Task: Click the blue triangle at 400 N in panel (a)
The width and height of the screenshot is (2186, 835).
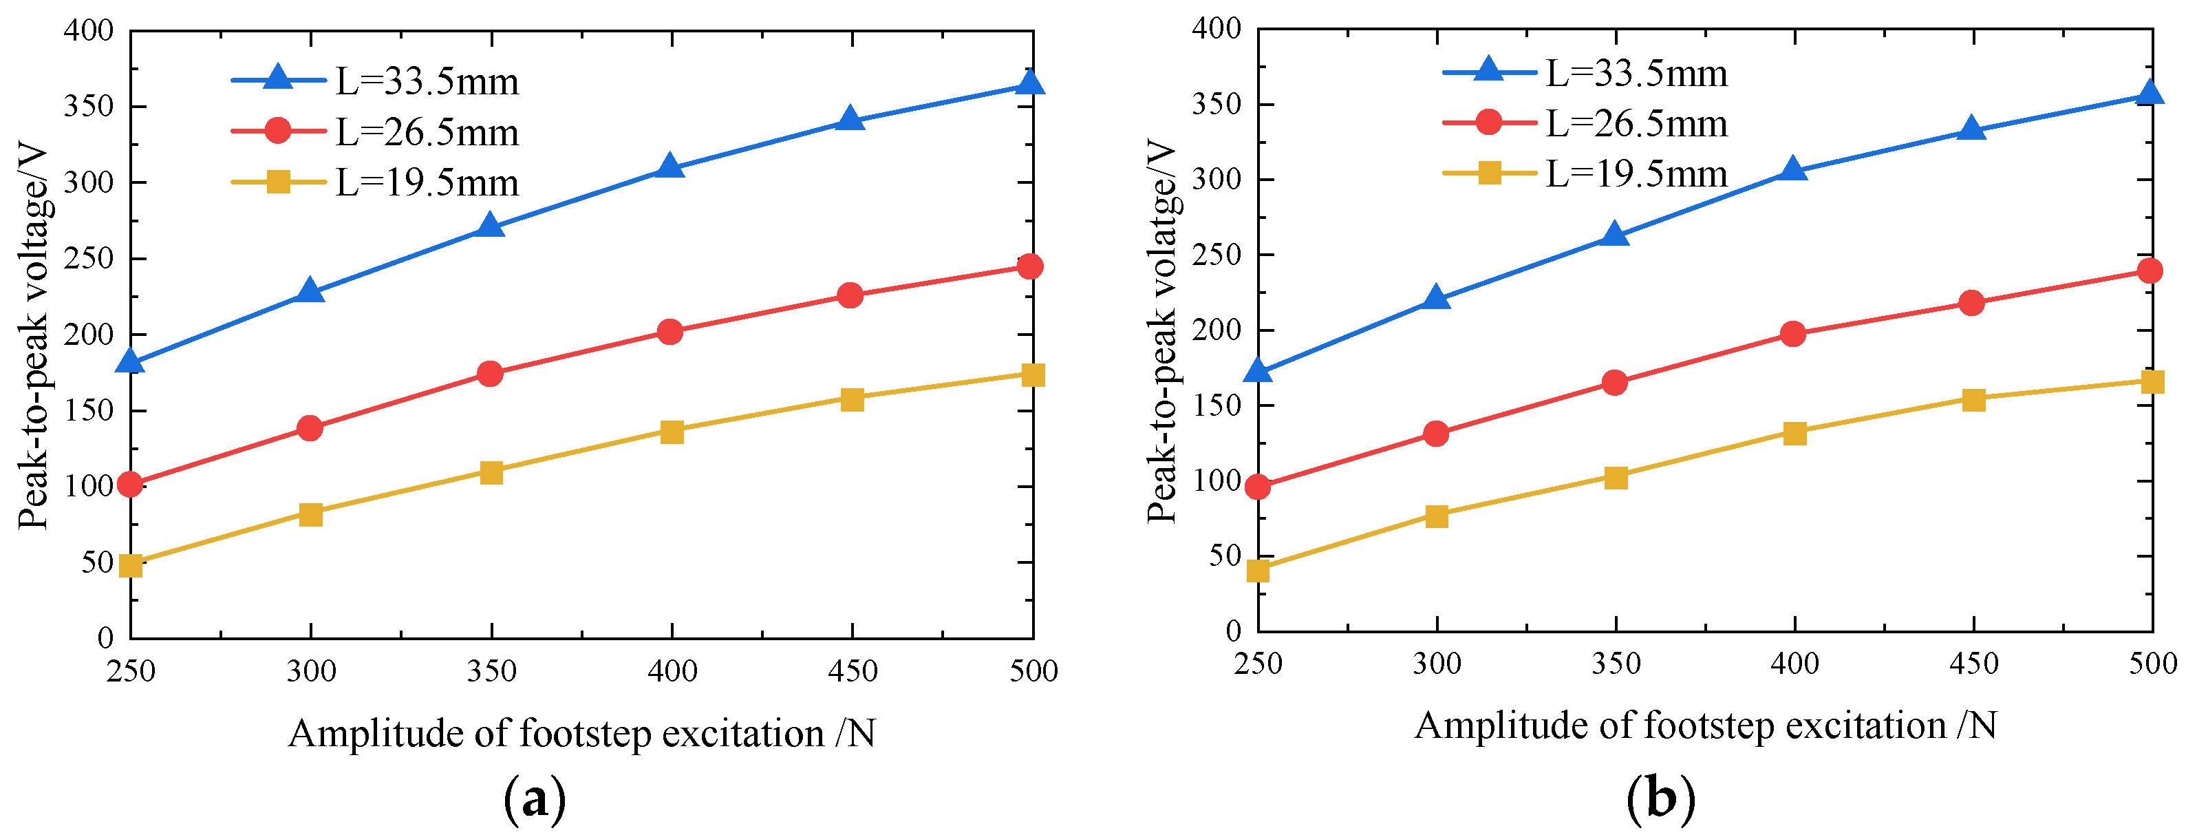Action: click(670, 167)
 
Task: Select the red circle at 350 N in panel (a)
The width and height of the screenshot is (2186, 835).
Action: click(491, 373)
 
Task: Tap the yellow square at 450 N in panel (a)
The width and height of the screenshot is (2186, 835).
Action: click(852, 399)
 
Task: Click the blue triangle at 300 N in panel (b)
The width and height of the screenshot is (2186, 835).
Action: click(1436, 298)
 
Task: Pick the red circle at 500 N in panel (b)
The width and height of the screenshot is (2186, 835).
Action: click(2150, 271)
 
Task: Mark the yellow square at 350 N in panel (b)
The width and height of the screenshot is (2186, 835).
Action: click(1616, 477)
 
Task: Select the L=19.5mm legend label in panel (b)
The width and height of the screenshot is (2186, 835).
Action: click(1636, 174)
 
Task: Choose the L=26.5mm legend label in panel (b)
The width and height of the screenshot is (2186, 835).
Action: click(1636, 124)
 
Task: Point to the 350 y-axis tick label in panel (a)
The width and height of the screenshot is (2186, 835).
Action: click(89, 106)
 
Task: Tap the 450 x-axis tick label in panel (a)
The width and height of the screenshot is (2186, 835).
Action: click(852, 671)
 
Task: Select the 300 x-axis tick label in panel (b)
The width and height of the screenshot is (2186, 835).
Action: click(1437, 664)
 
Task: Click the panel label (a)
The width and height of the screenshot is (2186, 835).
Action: click(535, 799)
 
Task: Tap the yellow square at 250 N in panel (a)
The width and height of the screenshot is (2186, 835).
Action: click(131, 565)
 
